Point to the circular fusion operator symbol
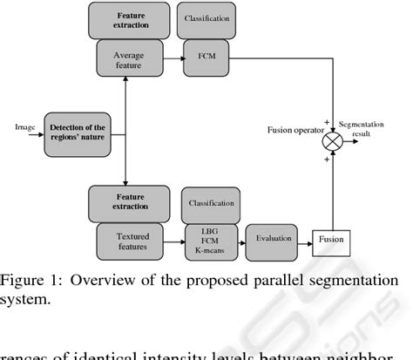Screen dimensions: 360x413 [x=332, y=138]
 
